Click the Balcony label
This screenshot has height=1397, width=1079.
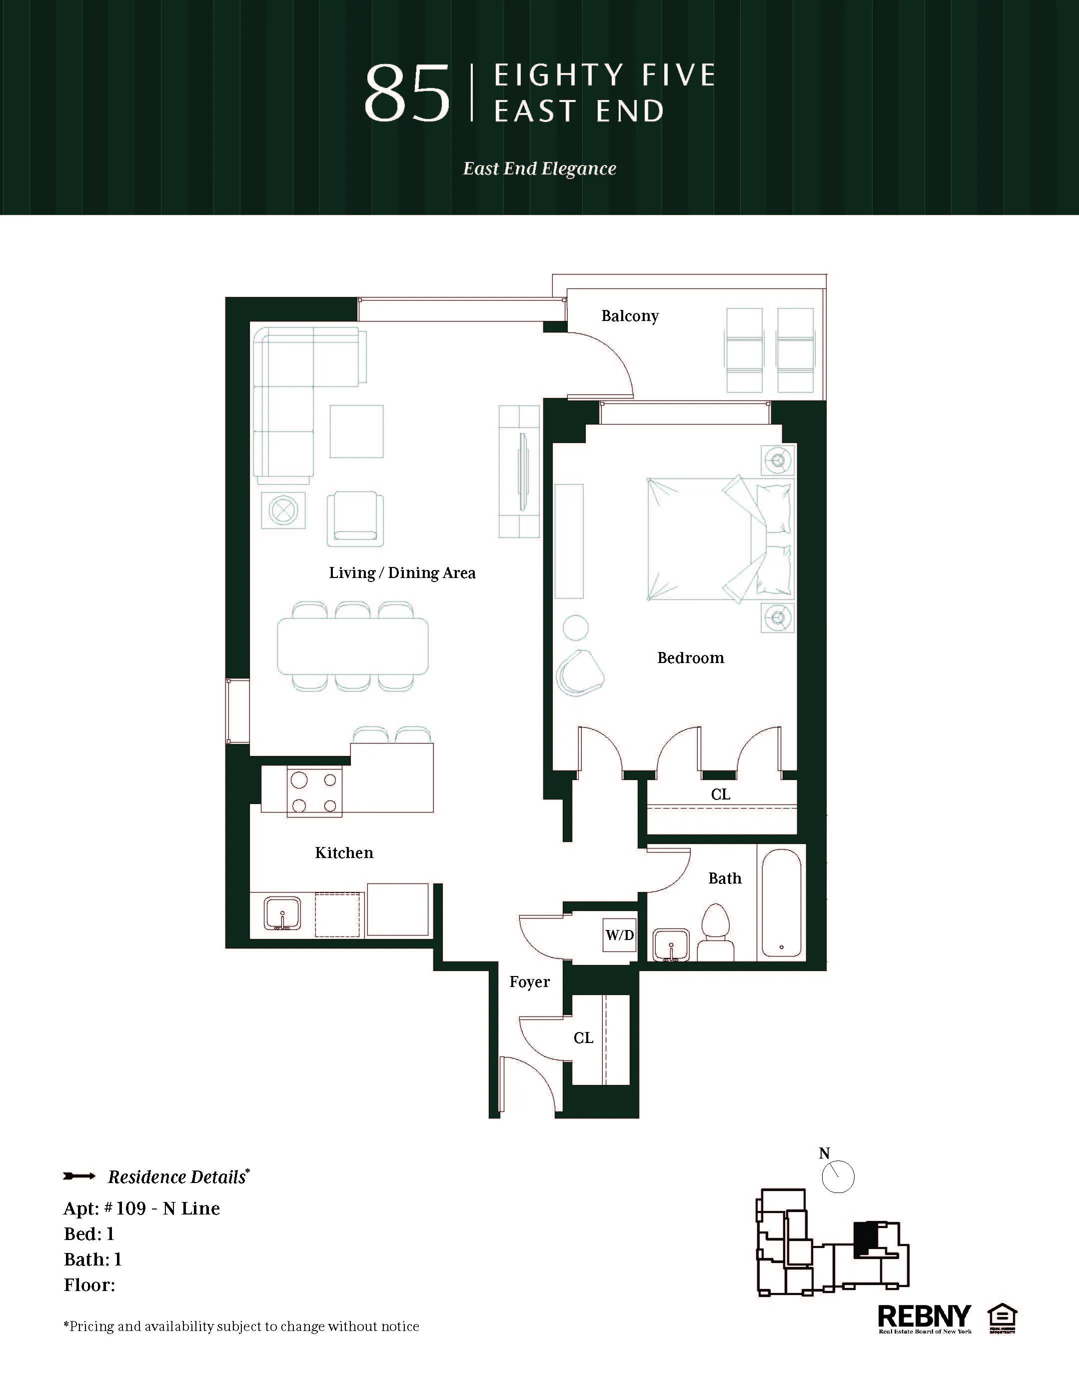(630, 316)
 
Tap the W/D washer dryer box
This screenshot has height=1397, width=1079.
(619, 935)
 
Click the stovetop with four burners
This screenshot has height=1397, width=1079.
(314, 791)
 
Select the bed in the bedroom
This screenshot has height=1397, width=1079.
(719, 538)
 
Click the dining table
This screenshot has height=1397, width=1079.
(352, 646)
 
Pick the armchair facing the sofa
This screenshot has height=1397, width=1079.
(355, 519)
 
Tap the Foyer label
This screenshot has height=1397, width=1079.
(529, 982)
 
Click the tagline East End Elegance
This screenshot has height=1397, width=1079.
(540, 169)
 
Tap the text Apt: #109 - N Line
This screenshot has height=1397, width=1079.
(142, 1208)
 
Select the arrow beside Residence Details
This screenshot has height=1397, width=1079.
(79, 1176)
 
